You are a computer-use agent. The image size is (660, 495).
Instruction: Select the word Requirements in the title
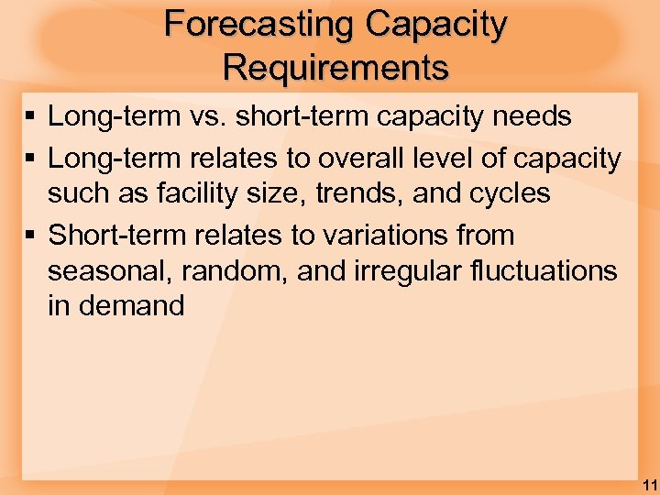pyautogui.click(x=335, y=67)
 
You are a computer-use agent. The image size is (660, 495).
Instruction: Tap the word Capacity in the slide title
pyautogui.click(x=434, y=25)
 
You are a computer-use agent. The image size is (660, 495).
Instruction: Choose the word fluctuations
pyautogui.click(x=548, y=271)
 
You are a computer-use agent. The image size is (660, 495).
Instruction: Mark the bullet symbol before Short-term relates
pyautogui.click(x=29, y=236)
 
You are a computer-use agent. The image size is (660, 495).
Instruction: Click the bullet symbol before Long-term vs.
pyautogui.click(x=29, y=117)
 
